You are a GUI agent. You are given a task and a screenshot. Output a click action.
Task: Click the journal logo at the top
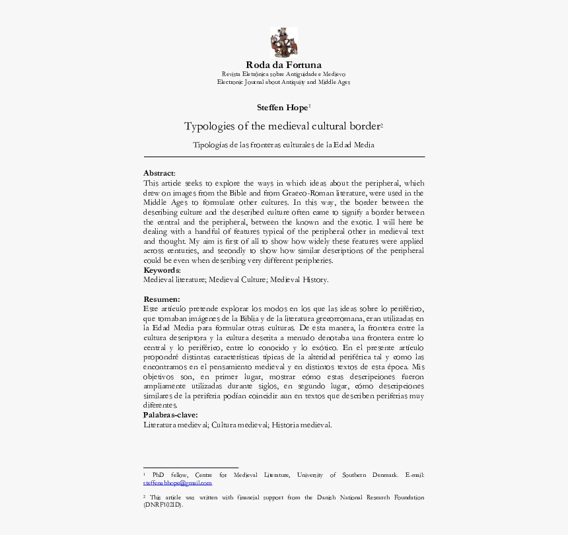click(x=284, y=42)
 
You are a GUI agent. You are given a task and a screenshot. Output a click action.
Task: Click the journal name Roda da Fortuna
click(x=284, y=65)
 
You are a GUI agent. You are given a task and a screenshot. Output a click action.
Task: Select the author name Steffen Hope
click(x=282, y=108)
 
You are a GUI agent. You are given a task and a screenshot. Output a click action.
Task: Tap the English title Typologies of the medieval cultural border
click(x=282, y=126)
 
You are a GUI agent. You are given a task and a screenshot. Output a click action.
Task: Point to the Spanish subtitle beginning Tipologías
click(x=283, y=145)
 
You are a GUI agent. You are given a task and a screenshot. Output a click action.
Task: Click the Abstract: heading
click(x=159, y=173)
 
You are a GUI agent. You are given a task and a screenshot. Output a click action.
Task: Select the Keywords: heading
click(x=162, y=270)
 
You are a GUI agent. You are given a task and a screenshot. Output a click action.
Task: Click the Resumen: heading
click(x=161, y=299)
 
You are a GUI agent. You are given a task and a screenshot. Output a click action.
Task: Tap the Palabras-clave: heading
click(x=170, y=415)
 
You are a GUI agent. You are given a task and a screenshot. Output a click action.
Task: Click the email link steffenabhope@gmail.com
click(x=177, y=483)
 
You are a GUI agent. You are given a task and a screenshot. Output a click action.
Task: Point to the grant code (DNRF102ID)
click(x=162, y=505)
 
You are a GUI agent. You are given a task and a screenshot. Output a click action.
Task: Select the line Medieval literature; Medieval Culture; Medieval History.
click(x=236, y=280)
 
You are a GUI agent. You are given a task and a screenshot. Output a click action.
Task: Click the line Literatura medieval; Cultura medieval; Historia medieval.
click(x=238, y=425)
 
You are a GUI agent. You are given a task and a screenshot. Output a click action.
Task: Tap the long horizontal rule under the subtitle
click(x=284, y=157)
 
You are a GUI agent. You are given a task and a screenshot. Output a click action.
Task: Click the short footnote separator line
click(x=190, y=468)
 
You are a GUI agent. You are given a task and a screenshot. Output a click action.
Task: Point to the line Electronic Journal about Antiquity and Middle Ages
click(x=284, y=83)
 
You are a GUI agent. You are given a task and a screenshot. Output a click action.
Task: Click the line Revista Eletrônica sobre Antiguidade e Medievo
click(x=284, y=75)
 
